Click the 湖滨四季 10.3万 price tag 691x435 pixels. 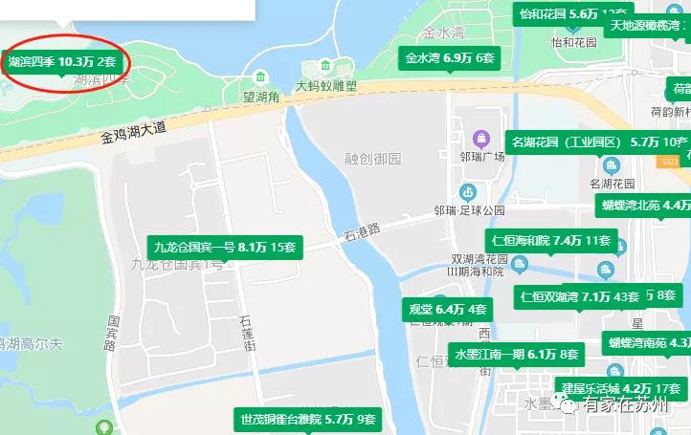tap(63, 61)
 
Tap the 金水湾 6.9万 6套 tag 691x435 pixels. tap(450, 58)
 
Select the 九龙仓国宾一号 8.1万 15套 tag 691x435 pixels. tap(224, 248)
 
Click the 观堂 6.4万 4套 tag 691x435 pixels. tap(448, 309)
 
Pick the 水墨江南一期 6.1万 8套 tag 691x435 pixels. tap(516, 354)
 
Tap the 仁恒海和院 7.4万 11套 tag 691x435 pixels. tap(549, 240)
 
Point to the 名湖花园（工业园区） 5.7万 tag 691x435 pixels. tap(599, 142)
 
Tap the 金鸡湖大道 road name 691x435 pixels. tap(134, 131)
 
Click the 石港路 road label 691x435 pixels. tap(362, 229)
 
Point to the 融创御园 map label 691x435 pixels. tap(373, 158)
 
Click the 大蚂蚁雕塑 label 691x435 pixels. tap(325, 86)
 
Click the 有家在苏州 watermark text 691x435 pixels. tap(632, 405)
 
